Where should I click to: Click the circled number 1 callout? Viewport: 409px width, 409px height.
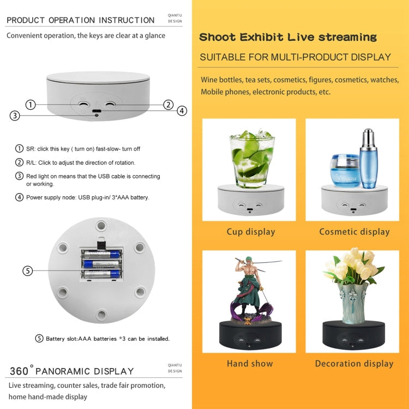point(31,104)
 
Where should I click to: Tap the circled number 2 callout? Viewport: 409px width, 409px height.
point(169,104)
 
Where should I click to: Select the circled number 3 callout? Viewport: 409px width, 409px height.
point(15,116)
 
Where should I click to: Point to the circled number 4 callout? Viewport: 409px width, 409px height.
point(182,111)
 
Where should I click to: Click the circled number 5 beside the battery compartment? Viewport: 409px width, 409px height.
point(28,270)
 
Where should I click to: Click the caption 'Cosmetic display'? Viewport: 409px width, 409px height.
point(354,232)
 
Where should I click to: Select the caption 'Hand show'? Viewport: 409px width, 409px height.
point(250,363)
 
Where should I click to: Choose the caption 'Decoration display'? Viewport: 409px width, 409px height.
point(354,363)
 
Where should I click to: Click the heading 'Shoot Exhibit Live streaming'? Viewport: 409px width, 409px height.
point(288,38)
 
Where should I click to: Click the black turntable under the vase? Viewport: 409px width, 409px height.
point(354,335)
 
